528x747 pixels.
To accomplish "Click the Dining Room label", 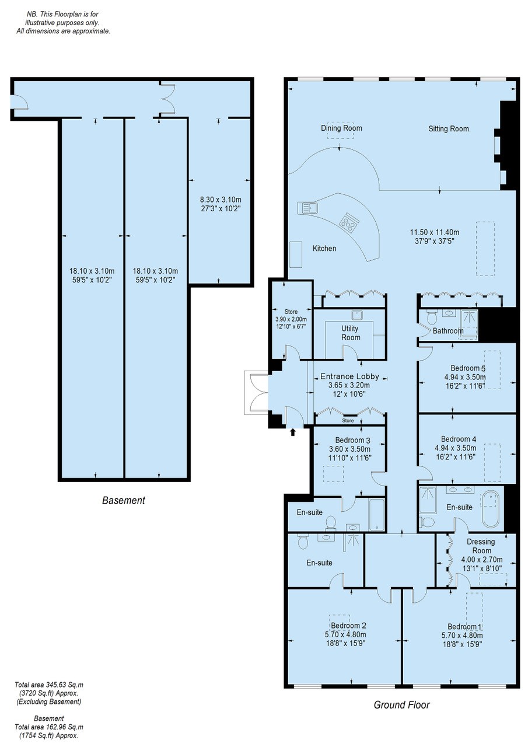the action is (x=341, y=128).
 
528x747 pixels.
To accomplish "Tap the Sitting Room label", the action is (x=448, y=129).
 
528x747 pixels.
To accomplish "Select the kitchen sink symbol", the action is (x=307, y=208).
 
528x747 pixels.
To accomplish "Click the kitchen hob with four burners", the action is (x=349, y=222).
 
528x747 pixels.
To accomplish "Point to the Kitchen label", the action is (x=324, y=249).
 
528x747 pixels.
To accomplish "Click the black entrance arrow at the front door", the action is (x=293, y=432).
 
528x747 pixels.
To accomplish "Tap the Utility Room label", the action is (x=350, y=333).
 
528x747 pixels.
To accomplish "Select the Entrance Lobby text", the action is (x=349, y=376).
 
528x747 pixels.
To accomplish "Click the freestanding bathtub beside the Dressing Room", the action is (x=490, y=508).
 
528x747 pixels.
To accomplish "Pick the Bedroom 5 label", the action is (x=468, y=368).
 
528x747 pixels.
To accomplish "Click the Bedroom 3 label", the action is (x=352, y=440).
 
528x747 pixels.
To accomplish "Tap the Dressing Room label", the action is (x=481, y=546).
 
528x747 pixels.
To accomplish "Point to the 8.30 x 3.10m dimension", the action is (x=221, y=200).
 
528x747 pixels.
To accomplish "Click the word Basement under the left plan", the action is (x=124, y=500).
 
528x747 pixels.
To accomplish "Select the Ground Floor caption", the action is (x=401, y=704).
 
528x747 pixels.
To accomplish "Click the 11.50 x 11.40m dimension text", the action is (x=434, y=232).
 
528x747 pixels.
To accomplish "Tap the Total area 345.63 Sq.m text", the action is (x=49, y=685).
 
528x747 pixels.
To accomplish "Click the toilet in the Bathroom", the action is (x=432, y=317).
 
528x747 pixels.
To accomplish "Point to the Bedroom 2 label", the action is (x=348, y=626).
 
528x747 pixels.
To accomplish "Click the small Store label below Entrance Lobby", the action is (x=348, y=421).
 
